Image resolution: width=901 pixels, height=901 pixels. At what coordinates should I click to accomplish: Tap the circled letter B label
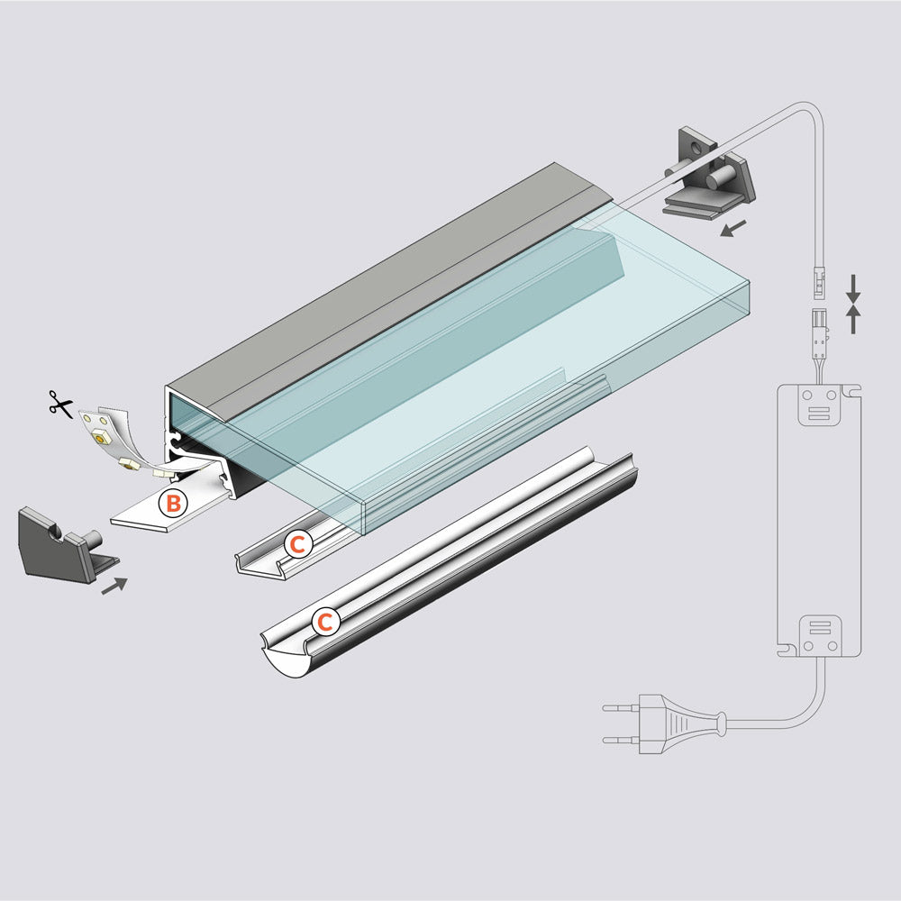click(x=172, y=503)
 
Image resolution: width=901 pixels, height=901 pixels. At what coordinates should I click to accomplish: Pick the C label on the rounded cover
click(x=325, y=621)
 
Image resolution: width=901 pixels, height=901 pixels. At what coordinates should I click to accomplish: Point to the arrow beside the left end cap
click(x=114, y=586)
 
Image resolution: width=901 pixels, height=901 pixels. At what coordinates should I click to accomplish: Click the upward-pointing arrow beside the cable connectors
click(x=854, y=317)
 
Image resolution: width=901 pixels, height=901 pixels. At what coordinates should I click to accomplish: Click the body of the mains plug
click(x=676, y=723)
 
